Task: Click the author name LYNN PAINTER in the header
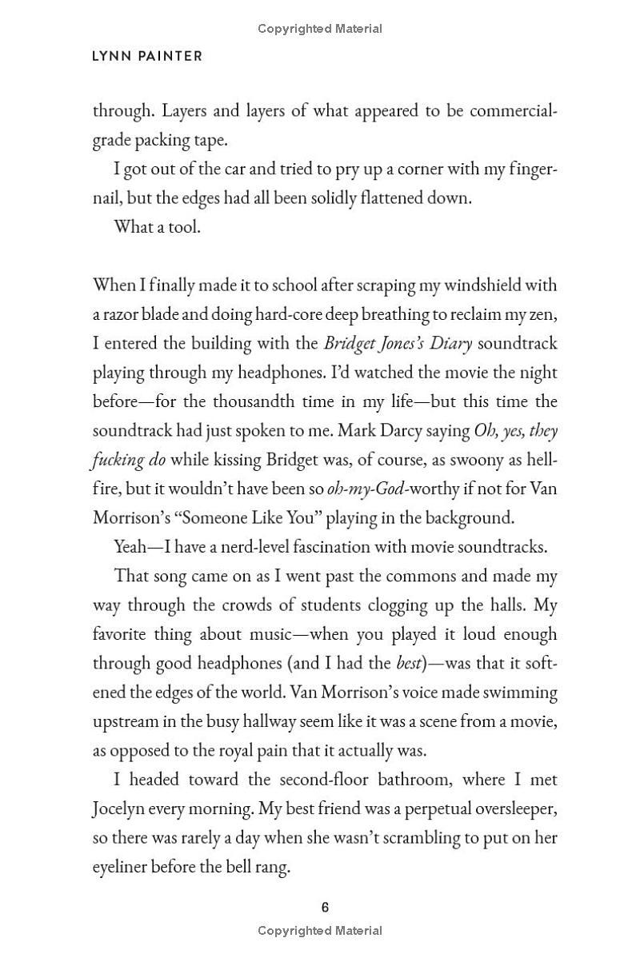tap(148, 56)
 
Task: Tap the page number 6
tap(325, 907)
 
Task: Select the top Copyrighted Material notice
tap(320, 29)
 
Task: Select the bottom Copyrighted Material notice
tap(320, 930)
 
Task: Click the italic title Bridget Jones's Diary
tap(398, 344)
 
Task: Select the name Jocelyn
tap(122, 808)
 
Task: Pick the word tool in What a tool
tap(186, 227)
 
